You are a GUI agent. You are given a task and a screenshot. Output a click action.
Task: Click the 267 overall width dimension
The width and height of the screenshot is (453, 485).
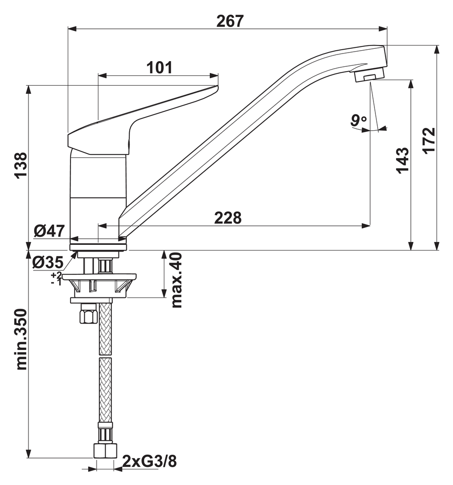(230, 21)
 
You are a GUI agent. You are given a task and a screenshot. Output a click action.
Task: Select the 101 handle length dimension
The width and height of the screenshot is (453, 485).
(159, 68)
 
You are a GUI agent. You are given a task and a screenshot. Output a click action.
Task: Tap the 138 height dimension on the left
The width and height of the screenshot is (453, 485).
(19, 165)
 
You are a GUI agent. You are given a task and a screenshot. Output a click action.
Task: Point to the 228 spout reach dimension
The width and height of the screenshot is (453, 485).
(228, 217)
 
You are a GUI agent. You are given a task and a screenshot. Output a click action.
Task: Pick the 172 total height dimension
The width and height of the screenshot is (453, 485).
(428, 141)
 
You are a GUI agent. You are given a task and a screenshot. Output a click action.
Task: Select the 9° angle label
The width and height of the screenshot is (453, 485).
(358, 121)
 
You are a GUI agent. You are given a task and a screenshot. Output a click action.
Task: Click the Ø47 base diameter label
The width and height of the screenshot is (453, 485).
(49, 231)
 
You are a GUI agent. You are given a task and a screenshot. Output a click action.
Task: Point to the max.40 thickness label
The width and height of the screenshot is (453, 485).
(177, 280)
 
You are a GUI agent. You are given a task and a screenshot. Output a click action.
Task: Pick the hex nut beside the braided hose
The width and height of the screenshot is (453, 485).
(88, 314)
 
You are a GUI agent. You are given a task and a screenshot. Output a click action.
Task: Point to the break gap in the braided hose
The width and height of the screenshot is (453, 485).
(105, 357)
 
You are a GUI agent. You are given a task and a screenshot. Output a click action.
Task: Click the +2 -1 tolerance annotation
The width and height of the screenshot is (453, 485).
(56, 279)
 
